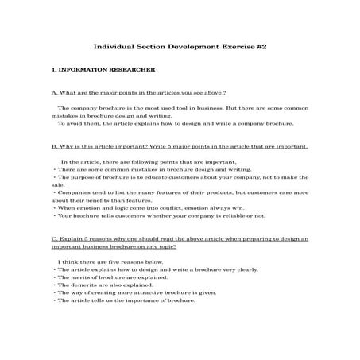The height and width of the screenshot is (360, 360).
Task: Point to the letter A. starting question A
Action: (52, 92)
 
